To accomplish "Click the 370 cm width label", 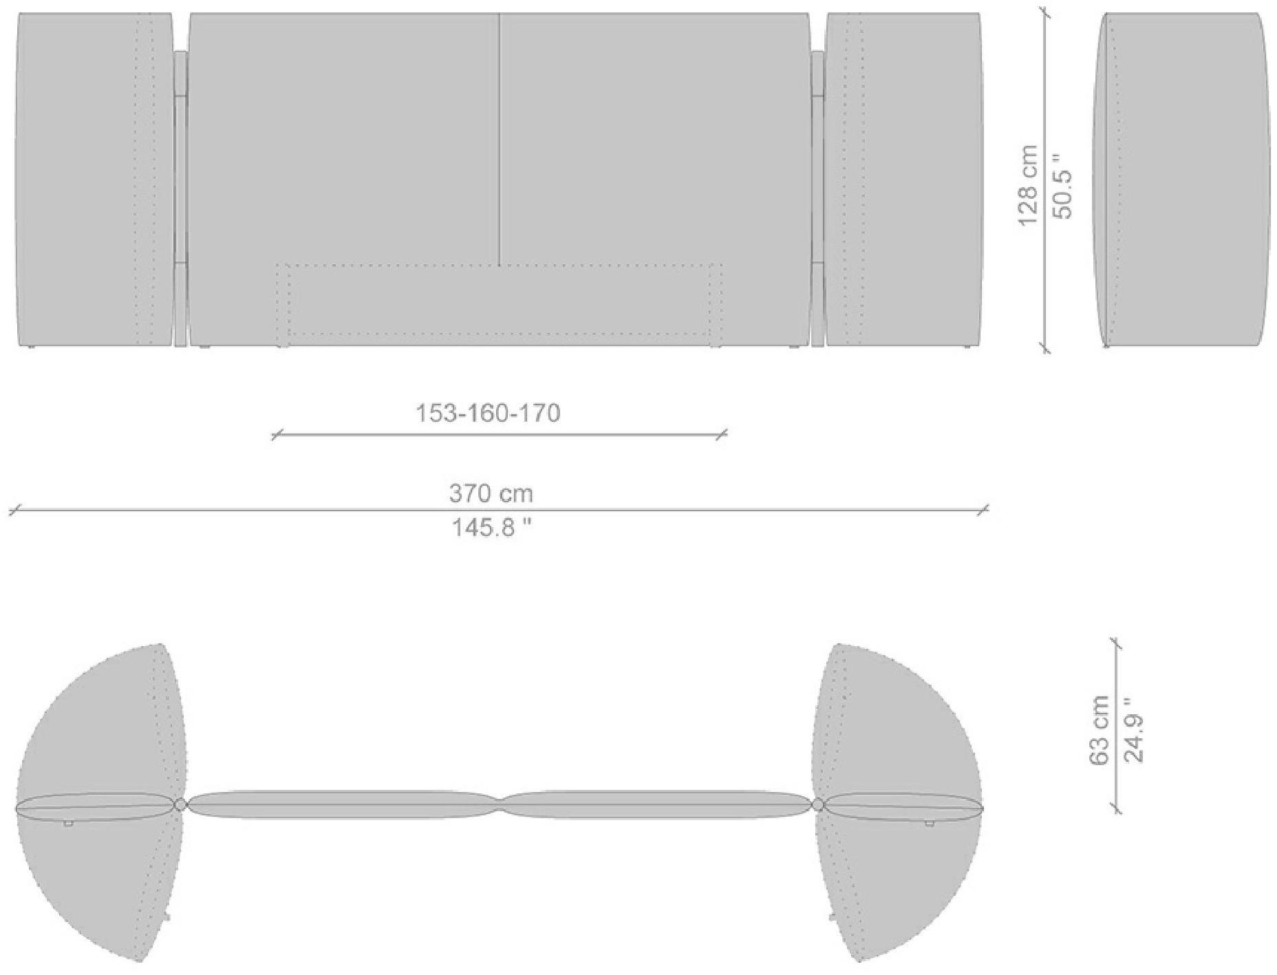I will click(x=491, y=493).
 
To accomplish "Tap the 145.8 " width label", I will click(x=491, y=528).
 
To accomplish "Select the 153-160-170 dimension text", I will click(x=488, y=413).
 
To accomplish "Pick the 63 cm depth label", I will click(x=1099, y=730).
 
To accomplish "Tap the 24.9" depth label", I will click(x=1133, y=730).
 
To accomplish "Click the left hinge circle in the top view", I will click(x=180, y=804).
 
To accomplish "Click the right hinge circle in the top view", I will click(x=818, y=804).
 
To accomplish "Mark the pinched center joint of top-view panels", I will click(x=500, y=804).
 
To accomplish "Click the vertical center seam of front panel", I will click(x=500, y=138).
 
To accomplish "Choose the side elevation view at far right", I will click(x=1181, y=179).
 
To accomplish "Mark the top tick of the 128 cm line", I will click(x=1046, y=13).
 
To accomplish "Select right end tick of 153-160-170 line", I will click(x=721, y=434).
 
